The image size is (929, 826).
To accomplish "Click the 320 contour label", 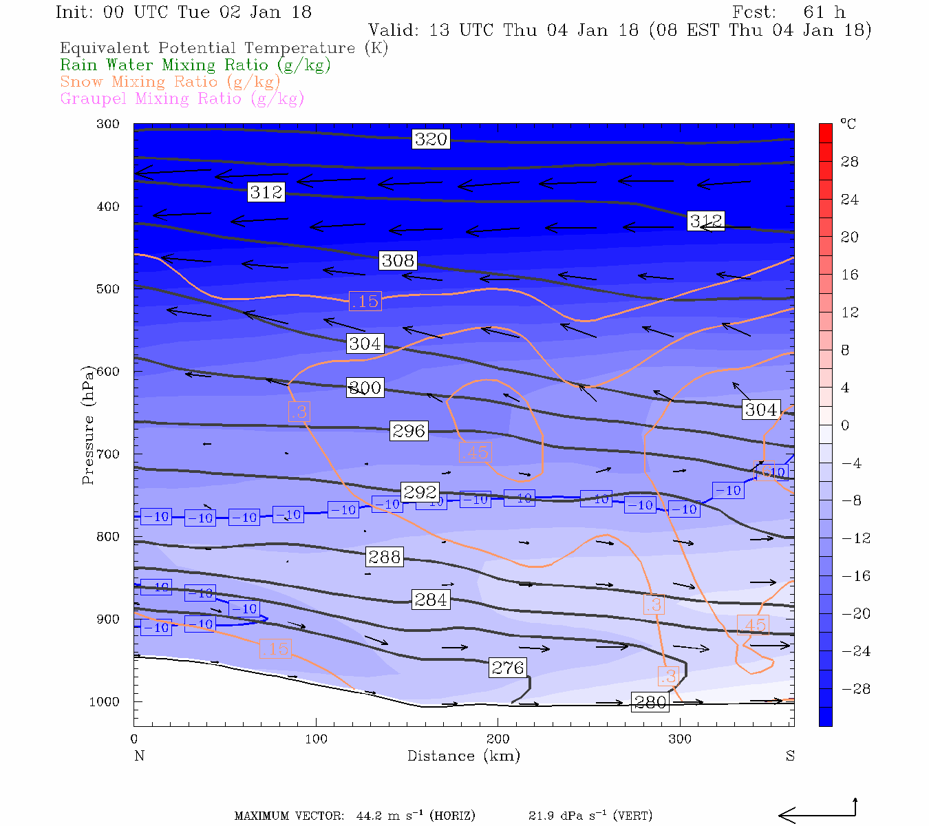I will (431, 139).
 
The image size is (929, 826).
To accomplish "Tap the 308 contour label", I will (398, 260).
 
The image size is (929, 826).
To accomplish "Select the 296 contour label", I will (409, 431).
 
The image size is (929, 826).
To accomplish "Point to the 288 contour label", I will (384, 557).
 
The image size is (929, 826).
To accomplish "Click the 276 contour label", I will (508, 668).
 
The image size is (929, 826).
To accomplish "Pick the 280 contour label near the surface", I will (650, 702).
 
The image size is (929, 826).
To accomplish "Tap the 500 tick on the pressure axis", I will (107, 289).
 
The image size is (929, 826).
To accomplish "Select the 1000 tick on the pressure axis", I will (104, 702).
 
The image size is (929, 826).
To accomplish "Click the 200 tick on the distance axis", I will (498, 739).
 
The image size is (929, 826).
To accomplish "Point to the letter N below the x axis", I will (139, 756).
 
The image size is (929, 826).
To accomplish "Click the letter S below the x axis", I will (790, 756).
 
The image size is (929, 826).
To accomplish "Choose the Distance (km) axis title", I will (463, 756).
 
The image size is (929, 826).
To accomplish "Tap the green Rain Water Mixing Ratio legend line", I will (195, 65).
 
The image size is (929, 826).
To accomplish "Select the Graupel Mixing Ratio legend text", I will (182, 98).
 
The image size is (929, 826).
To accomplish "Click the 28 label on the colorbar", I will (850, 162).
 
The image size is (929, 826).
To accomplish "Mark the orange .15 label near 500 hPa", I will (365, 301).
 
